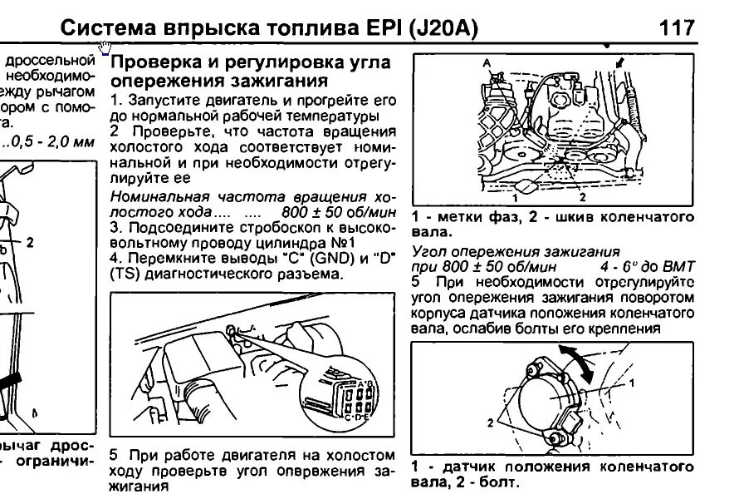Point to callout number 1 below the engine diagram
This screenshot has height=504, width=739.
point(515,199)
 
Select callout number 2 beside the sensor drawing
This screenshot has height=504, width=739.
point(490,422)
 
